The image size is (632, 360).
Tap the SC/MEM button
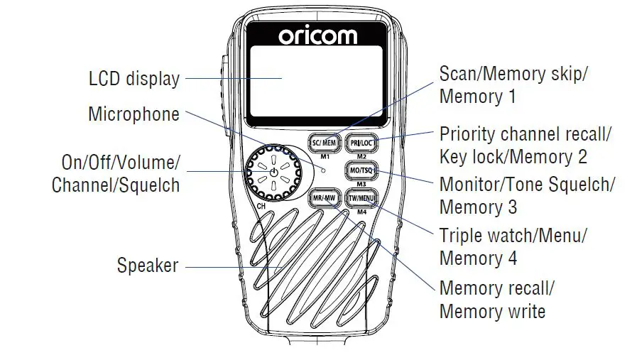pos(324,143)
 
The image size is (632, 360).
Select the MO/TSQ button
pos(361,171)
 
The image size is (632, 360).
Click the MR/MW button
pos(324,198)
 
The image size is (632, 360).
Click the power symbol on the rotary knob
pos(273,172)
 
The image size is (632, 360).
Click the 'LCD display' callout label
pos(134,79)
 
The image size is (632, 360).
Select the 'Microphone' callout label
pos(134,114)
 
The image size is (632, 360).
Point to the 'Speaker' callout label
pos(147,266)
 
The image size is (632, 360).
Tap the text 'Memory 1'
pos(477,96)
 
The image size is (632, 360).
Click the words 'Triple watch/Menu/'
pos(513,235)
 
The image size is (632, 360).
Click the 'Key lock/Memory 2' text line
pos(513,156)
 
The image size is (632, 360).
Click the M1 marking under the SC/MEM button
pos(324,156)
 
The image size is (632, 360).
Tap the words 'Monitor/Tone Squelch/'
pos(527,185)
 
